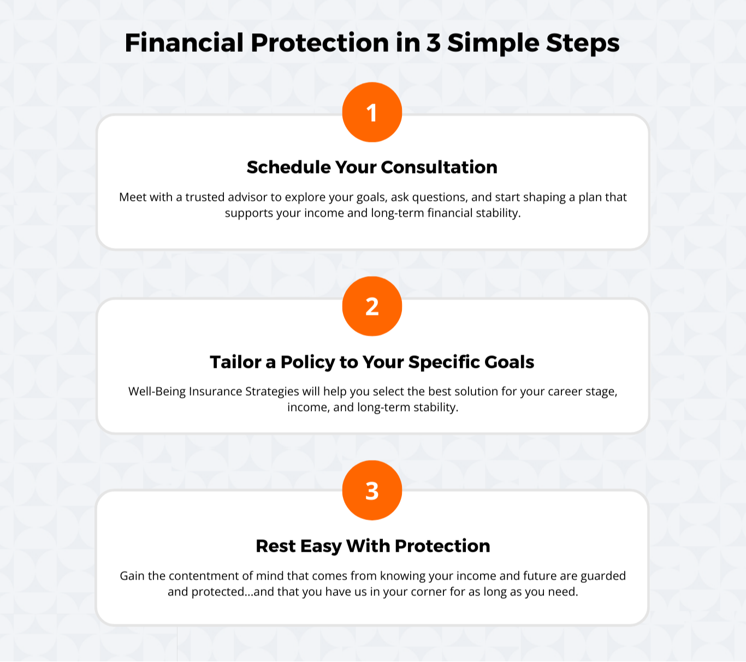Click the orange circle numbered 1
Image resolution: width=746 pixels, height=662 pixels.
(x=372, y=112)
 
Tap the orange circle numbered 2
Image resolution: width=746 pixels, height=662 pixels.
(x=372, y=306)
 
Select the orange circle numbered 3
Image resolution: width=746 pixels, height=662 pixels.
(x=372, y=490)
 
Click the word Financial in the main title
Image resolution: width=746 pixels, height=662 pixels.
(x=184, y=43)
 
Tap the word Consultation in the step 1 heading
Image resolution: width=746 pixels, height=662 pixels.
(x=439, y=167)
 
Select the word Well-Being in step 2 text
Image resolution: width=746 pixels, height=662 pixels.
(x=157, y=392)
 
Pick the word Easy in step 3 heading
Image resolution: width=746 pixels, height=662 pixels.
(x=321, y=547)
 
